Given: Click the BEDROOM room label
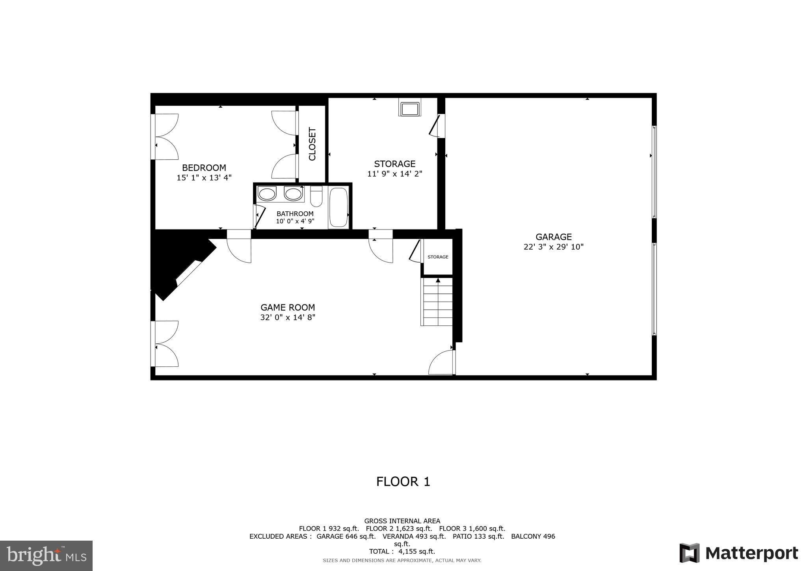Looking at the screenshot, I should tap(204, 168).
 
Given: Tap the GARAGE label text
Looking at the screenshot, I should tap(553, 237).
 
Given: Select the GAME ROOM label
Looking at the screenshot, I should tap(288, 308).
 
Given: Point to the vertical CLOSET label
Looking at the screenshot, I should tap(312, 144).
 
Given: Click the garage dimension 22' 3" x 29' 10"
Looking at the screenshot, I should tap(553, 247).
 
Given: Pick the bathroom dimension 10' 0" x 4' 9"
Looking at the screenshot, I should tap(295, 221).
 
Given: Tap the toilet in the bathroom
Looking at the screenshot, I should tap(316, 196).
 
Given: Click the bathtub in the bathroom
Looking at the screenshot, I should tap(338, 207).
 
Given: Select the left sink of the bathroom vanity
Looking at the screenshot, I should tap(267, 194).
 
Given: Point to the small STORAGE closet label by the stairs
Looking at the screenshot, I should tap(438, 257).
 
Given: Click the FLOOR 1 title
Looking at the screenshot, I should tap(403, 481).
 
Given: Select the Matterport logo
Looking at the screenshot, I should tap(738, 553).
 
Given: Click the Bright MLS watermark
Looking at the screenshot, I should tap(46, 556).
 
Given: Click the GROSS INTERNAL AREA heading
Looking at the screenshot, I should tap(402, 521).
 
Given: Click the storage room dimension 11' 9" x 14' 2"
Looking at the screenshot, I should tap(394, 174).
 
